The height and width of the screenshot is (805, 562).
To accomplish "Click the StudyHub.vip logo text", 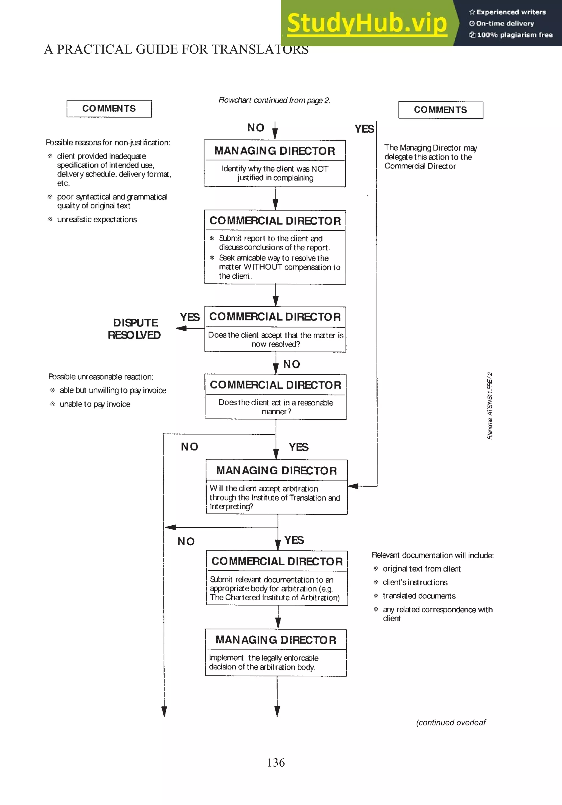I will click(367, 23).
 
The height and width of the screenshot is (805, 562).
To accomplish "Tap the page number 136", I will click(276, 762).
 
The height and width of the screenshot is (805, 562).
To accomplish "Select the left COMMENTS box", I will click(109, 109).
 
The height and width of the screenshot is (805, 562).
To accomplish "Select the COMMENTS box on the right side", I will click(440, 110).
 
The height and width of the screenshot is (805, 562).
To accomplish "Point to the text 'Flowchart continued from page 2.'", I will click(274, 100).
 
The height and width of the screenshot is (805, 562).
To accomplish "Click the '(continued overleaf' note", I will click(451, 722).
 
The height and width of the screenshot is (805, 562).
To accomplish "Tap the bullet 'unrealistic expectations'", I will click(97, 219).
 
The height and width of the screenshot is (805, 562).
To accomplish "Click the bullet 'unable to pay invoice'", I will click(95, 404).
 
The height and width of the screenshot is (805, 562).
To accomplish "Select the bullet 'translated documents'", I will click(419, 596).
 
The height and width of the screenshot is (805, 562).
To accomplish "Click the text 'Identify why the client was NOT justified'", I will click(275, 173).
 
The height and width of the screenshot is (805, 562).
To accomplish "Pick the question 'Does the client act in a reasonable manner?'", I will click(276, 407).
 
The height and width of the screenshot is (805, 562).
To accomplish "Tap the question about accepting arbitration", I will click(274, 497).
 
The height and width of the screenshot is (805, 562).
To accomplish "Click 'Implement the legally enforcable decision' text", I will click(264, 662).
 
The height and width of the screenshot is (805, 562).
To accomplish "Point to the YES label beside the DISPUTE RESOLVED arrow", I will click(190, 317).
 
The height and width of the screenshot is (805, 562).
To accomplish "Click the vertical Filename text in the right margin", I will click(490, 406).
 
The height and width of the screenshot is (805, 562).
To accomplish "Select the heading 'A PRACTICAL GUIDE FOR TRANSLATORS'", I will click(176, 49).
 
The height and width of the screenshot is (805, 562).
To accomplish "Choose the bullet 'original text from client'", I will click(421, 569).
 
